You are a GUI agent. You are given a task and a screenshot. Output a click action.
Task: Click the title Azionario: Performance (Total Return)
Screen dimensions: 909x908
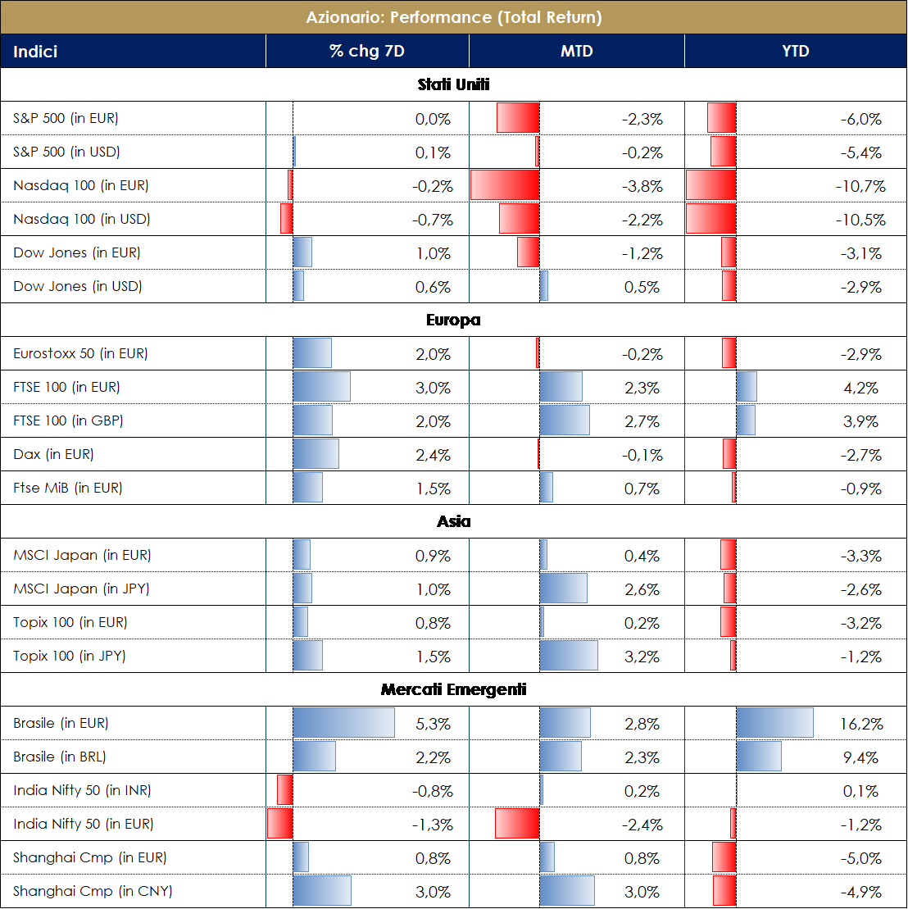click(453, 17)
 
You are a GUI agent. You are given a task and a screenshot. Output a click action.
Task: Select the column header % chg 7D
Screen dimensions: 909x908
click(366, 52)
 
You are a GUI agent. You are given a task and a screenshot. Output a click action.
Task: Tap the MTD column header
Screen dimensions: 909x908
click(576, 52)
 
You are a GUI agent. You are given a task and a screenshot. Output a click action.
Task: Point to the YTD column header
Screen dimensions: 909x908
click(795, 52)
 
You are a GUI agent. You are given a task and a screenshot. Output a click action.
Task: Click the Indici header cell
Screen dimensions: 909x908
click(35, 52)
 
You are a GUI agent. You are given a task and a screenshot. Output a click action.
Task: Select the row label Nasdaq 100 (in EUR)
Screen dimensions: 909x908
click(80, 186)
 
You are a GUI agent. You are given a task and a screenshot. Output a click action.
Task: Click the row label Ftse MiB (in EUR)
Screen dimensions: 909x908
click(67, 489)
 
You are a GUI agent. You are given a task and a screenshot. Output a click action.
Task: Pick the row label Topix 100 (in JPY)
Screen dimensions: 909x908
click(69, 657)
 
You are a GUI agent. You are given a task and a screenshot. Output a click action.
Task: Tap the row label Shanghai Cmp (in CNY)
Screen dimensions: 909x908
click(93, 892)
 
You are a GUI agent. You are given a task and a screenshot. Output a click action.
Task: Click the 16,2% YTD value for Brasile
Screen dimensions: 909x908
click(862, 725)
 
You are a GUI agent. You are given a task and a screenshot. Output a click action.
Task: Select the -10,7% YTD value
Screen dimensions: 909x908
click(860, 187)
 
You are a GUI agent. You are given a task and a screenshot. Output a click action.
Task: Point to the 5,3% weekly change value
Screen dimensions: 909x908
click(434, 725)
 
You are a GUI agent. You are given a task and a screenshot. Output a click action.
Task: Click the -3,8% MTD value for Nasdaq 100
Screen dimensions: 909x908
click(642, 187)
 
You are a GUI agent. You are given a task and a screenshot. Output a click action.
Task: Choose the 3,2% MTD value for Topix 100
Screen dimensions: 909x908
click(642, 657)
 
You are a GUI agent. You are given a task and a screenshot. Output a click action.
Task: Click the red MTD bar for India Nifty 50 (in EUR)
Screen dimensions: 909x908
click(517, 824)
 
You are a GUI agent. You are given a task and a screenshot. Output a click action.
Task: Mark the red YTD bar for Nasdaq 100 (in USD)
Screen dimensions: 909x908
click(711, 219)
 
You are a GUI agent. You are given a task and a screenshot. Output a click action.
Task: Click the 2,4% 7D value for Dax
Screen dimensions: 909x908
click(434, 456)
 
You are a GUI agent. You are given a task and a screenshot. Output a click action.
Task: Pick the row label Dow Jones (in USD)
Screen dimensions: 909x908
click(77, 287)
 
